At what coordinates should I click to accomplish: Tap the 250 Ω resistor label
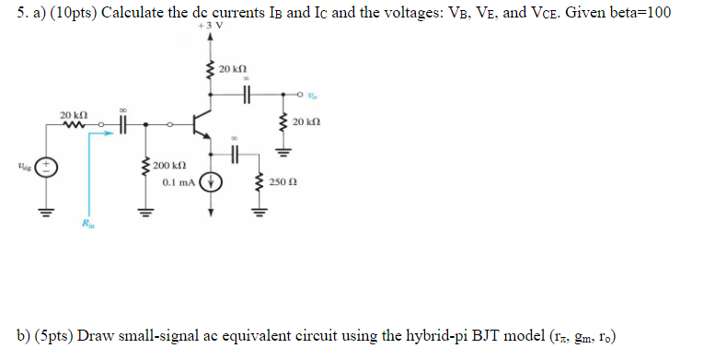tap(283, 182)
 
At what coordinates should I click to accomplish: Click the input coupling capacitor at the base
tap(122, 122)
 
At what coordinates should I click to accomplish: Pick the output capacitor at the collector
tap(247, 93)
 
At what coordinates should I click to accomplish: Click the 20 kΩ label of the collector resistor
tap(234, 68)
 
